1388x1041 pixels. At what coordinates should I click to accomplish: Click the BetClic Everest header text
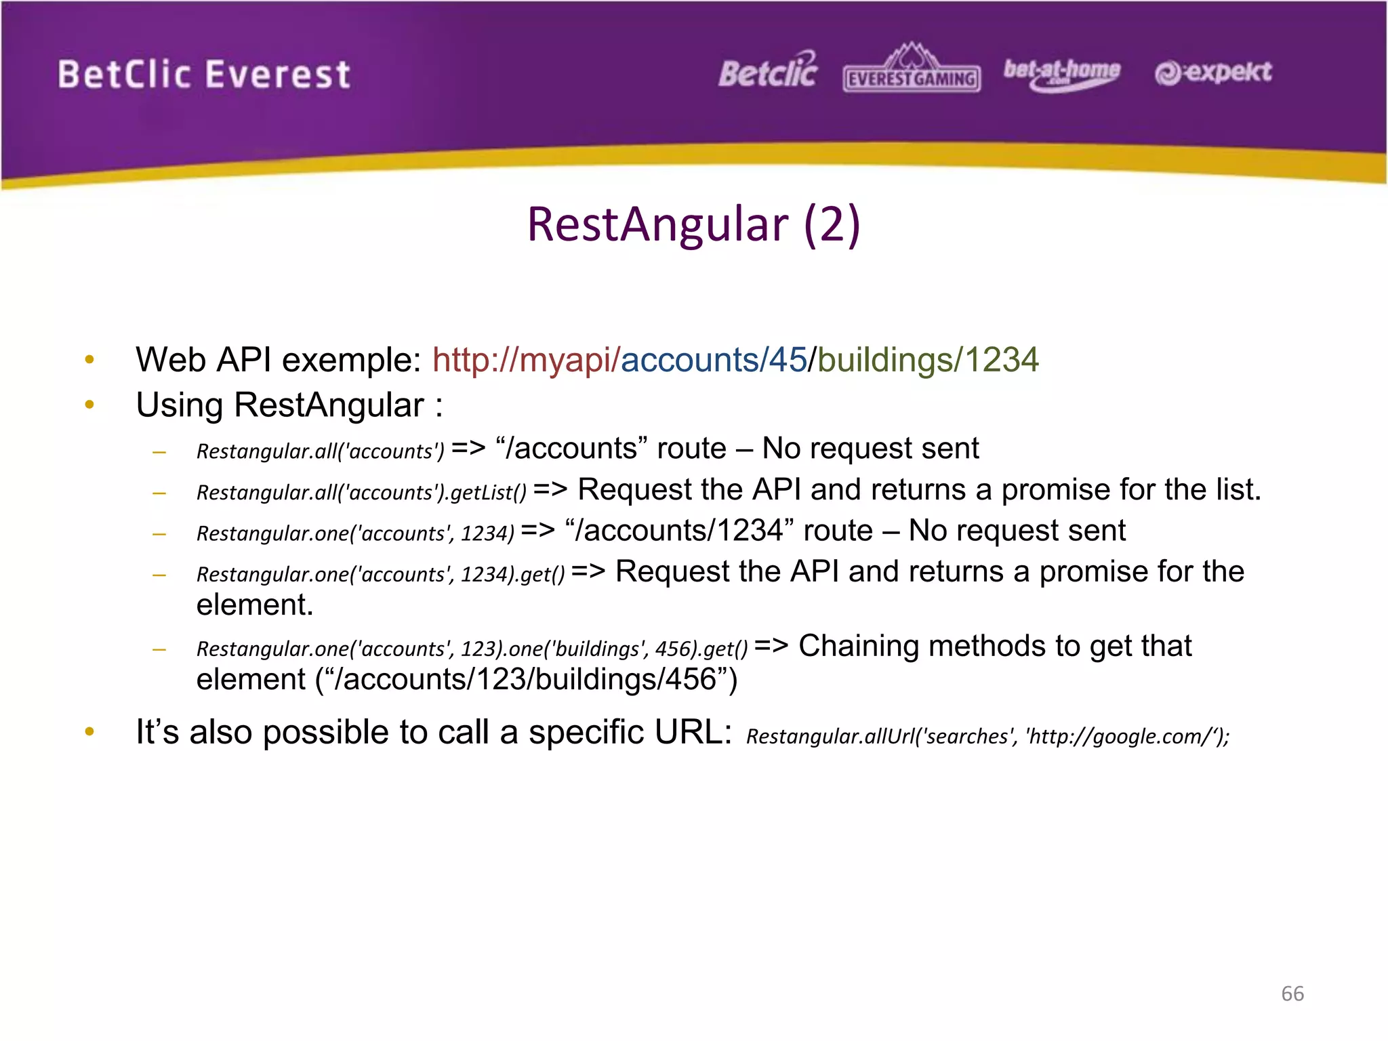pyautogui.click(x=203, y=75)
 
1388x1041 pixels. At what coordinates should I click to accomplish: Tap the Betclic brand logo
pyautogui.click(x=768, y=71)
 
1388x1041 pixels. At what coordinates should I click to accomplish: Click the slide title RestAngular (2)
pyautogui.click(x=693, y=224)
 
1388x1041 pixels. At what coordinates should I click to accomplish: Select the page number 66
pyautogui.click(x=1292, y=994)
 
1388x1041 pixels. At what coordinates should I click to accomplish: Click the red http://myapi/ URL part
pyautogui.click(x=526, y=360)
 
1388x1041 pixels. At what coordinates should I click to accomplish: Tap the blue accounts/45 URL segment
pyautogui.click(x=714, y=360)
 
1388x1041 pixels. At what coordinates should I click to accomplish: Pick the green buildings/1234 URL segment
pyautogui.click(x=928, y=360)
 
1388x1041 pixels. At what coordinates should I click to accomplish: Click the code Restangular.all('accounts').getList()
pyautogui.click(x=361, y=492)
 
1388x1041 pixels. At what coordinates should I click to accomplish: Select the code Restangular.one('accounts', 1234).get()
pyautogui.click(x=380, y=574)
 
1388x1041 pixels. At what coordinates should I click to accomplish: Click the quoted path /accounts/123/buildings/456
pyautogui.click(x=526, y=680)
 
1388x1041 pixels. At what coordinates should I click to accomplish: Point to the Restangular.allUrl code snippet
pyautogui.click(x=987, y=736)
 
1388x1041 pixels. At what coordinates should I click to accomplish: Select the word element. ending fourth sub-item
pyautogui.click(x=255, y=605)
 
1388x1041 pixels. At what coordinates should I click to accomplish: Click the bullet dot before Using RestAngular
pyautogui.click(x=89, y=405)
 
